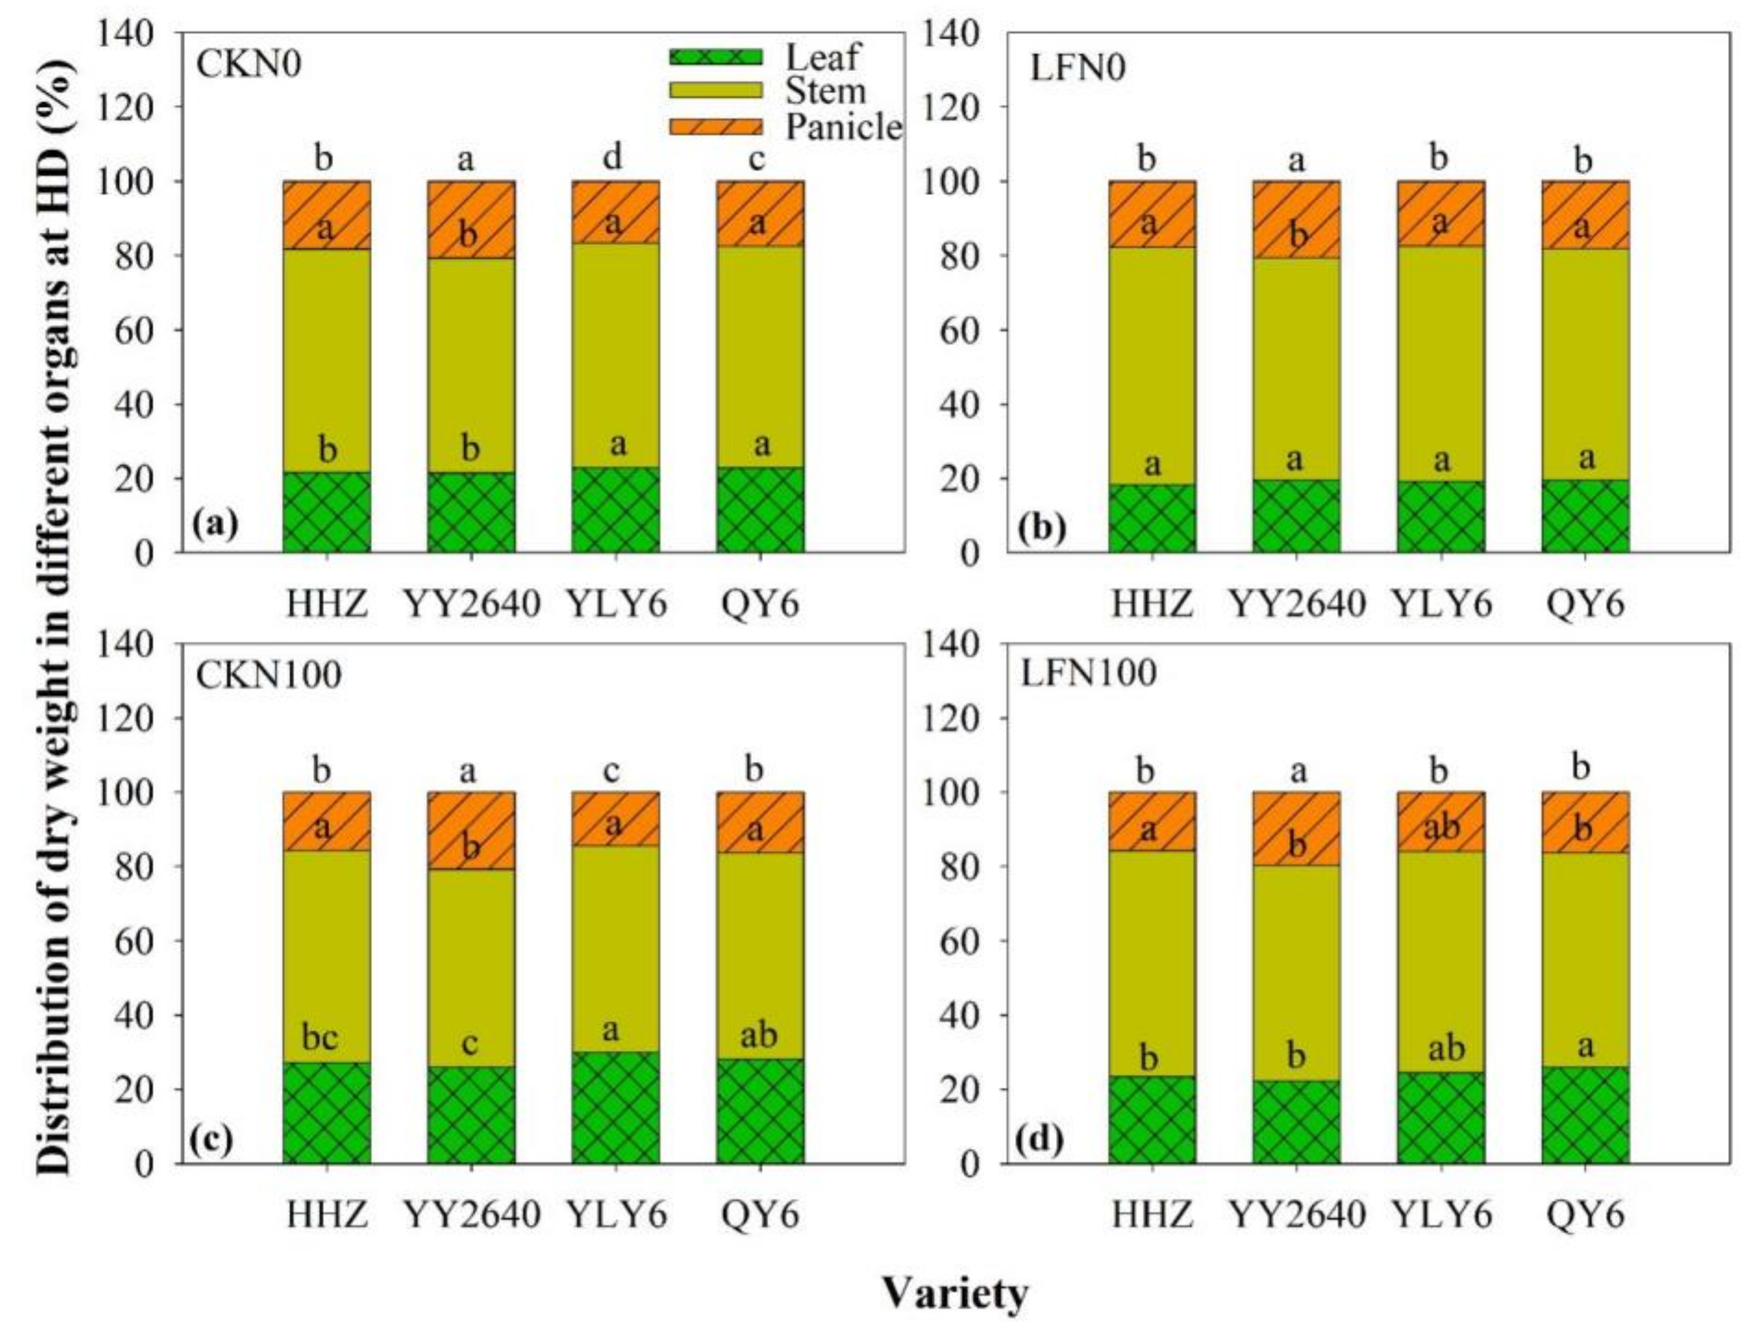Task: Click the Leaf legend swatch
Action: pyautogui.click(x=715, y=57)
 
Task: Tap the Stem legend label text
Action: pyautogui.click(x=825, y=92)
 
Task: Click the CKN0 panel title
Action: pyautogui.click(x=248, y=65)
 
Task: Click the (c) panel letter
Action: pyautogui.click(x=212, y=1139)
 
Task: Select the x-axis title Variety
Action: pyautogui.click(x=955, y=1294)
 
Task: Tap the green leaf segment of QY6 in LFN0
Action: pyautogui.click(x=1585, y=516)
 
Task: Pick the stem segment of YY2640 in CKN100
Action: pyautogui.click(x=471, y=967)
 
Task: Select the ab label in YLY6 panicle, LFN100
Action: pyautogui.click(x=1441, y=827)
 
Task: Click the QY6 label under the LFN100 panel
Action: pyautogui.click(x=1585, y=1214)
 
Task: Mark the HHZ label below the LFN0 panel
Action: pyautogui.click(x=1151, y=605)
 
